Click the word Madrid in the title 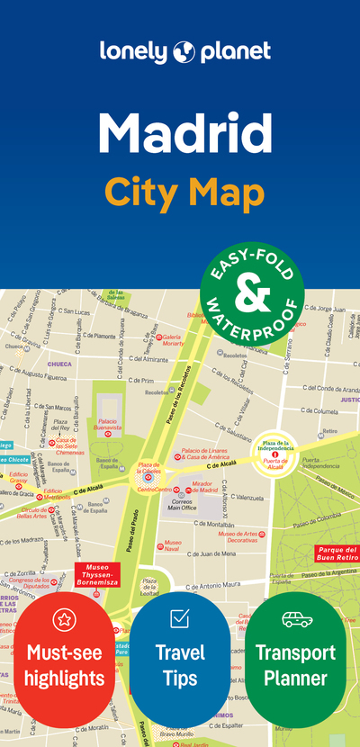click(184, 132)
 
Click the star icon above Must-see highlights click(63, 619)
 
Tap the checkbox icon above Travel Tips click(179, 617)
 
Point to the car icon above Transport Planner click(296, 619)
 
